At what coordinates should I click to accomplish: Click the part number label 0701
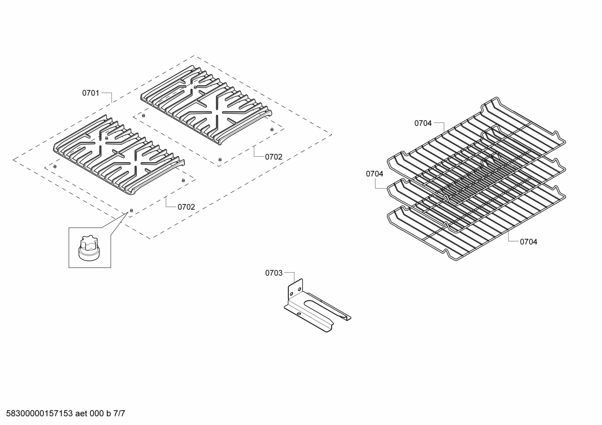91,93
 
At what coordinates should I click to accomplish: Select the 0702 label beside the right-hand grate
273,157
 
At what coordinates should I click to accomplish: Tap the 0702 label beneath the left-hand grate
186,207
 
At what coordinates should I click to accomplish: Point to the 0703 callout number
274,273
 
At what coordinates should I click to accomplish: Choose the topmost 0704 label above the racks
423,123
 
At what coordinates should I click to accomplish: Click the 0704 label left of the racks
374,174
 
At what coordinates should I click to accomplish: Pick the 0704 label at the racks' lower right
529,241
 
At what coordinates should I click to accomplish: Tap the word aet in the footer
82,414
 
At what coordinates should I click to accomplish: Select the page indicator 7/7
119,414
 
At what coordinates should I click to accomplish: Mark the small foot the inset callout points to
131,211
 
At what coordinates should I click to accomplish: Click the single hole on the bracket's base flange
298,313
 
